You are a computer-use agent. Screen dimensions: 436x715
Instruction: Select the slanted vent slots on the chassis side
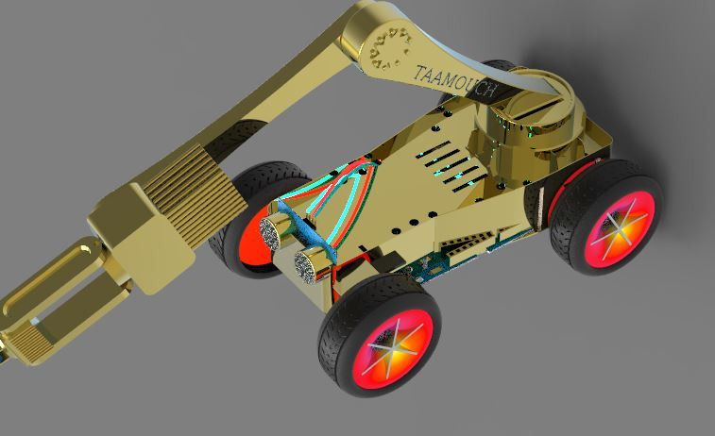[x=472, y=242]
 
